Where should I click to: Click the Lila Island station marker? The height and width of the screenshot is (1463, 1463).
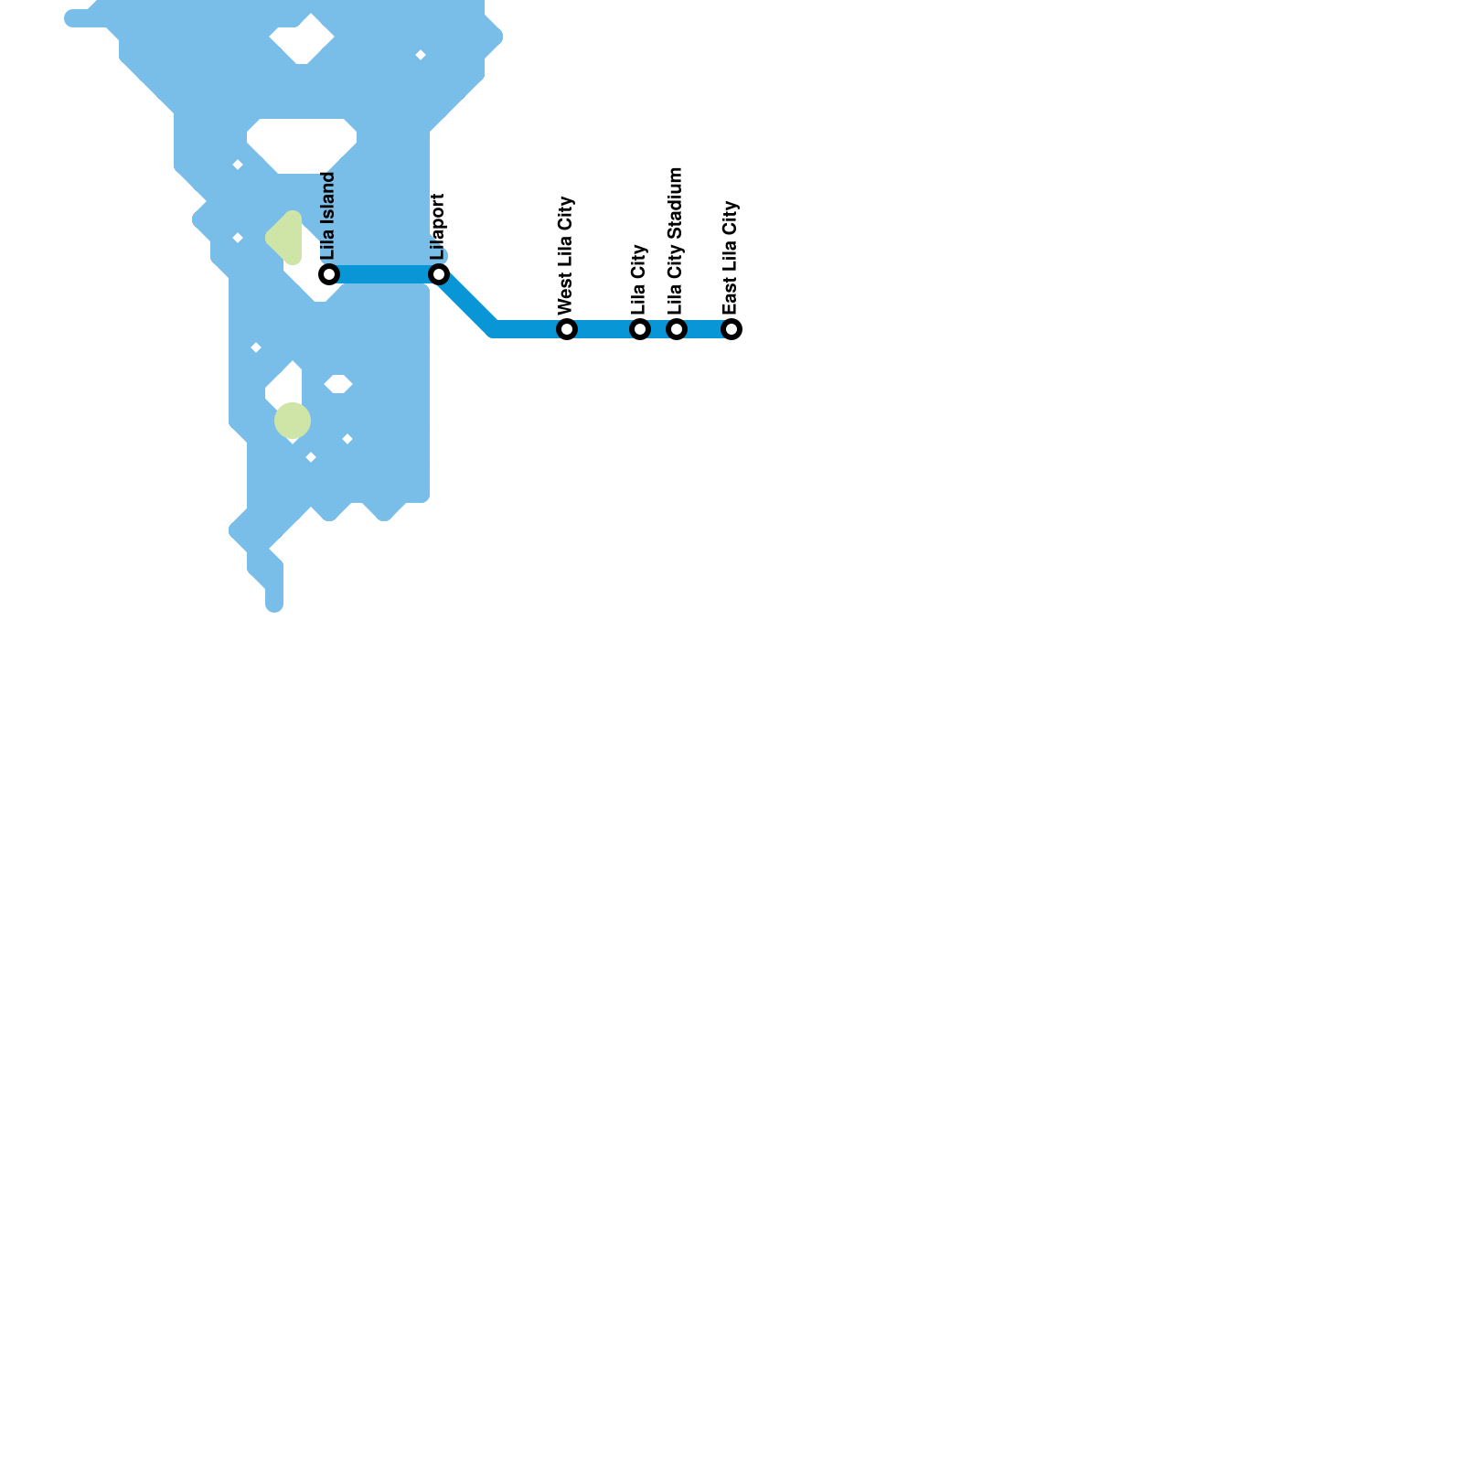point(329,274)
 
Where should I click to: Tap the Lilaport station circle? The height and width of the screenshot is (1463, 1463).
point(439,274)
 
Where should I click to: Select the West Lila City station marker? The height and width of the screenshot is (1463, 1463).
point(567,329)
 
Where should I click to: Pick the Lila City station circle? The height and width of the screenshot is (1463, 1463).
point(640,329)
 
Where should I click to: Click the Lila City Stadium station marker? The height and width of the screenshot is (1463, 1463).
point(677,329)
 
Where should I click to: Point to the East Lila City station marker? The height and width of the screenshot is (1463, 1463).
point(731,329)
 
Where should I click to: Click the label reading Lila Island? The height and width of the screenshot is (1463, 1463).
point(328,216)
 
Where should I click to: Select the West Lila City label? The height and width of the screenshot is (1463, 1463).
point(565,255)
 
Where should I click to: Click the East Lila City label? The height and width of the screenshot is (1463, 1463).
point(730,258)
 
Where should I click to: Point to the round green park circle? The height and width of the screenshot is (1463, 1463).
point(293,421)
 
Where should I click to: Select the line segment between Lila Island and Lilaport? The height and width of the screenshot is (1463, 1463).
point(384,274)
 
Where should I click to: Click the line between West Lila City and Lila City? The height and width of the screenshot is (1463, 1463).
point(603,329)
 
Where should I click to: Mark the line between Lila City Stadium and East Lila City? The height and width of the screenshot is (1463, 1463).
point(704,329)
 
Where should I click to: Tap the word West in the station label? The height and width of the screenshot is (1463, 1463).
point(565,295)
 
